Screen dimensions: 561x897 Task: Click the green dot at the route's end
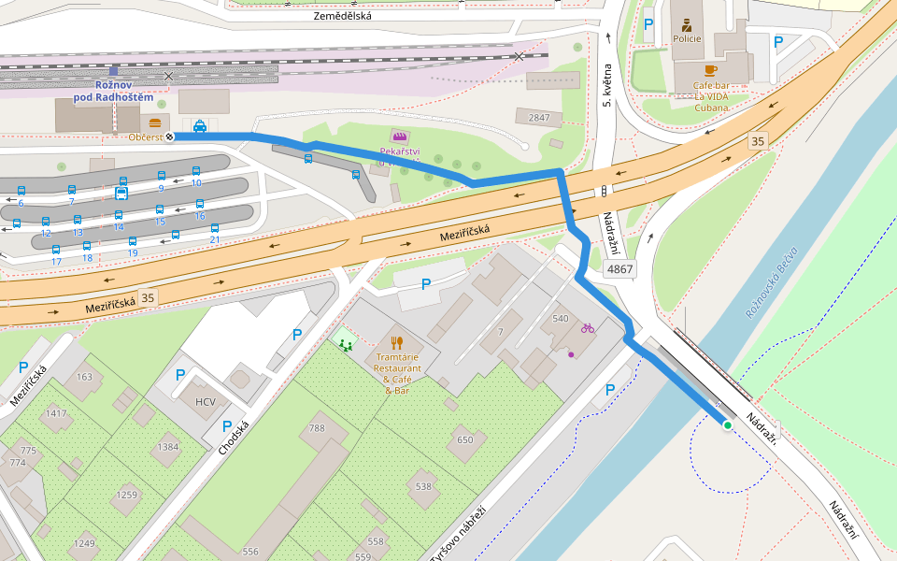[727, 425]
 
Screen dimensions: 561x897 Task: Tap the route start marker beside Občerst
[170, 137]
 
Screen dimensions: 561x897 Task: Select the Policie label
[687, 39]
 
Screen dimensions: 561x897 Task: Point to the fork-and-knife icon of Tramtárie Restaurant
[397, 342]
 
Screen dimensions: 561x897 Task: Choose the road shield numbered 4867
[619, 269]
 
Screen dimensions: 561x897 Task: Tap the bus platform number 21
[214, 240]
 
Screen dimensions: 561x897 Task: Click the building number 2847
[539, 118]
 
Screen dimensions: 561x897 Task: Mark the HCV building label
[205, 402]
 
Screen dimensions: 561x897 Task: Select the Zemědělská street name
[342, 16]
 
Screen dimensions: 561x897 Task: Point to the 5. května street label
[606, 85]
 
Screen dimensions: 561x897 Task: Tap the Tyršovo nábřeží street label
[458, 535]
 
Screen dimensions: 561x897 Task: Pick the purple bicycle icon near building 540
[588, 328]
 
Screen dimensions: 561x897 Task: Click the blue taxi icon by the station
[200, 125]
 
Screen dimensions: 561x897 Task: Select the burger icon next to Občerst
[155, 122]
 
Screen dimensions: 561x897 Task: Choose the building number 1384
[168, 447]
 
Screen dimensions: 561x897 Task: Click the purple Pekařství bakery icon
[399, 137]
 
